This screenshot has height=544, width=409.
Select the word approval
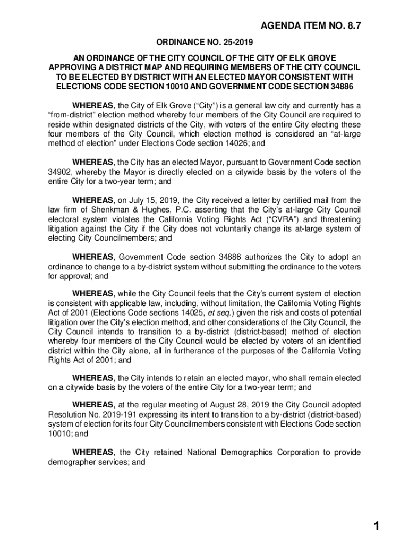[76, 277]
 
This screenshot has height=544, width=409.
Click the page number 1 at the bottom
[376, 526]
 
